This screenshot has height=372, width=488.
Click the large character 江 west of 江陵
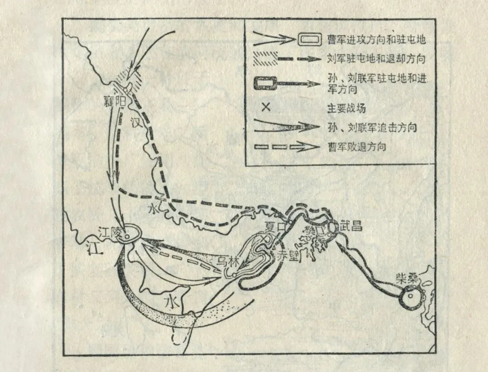93,250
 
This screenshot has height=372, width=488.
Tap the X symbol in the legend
266,108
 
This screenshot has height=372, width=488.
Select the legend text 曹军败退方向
357,147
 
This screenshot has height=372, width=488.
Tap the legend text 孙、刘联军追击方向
371,128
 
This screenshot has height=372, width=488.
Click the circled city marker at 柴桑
410,298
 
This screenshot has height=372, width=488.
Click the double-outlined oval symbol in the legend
310,40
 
